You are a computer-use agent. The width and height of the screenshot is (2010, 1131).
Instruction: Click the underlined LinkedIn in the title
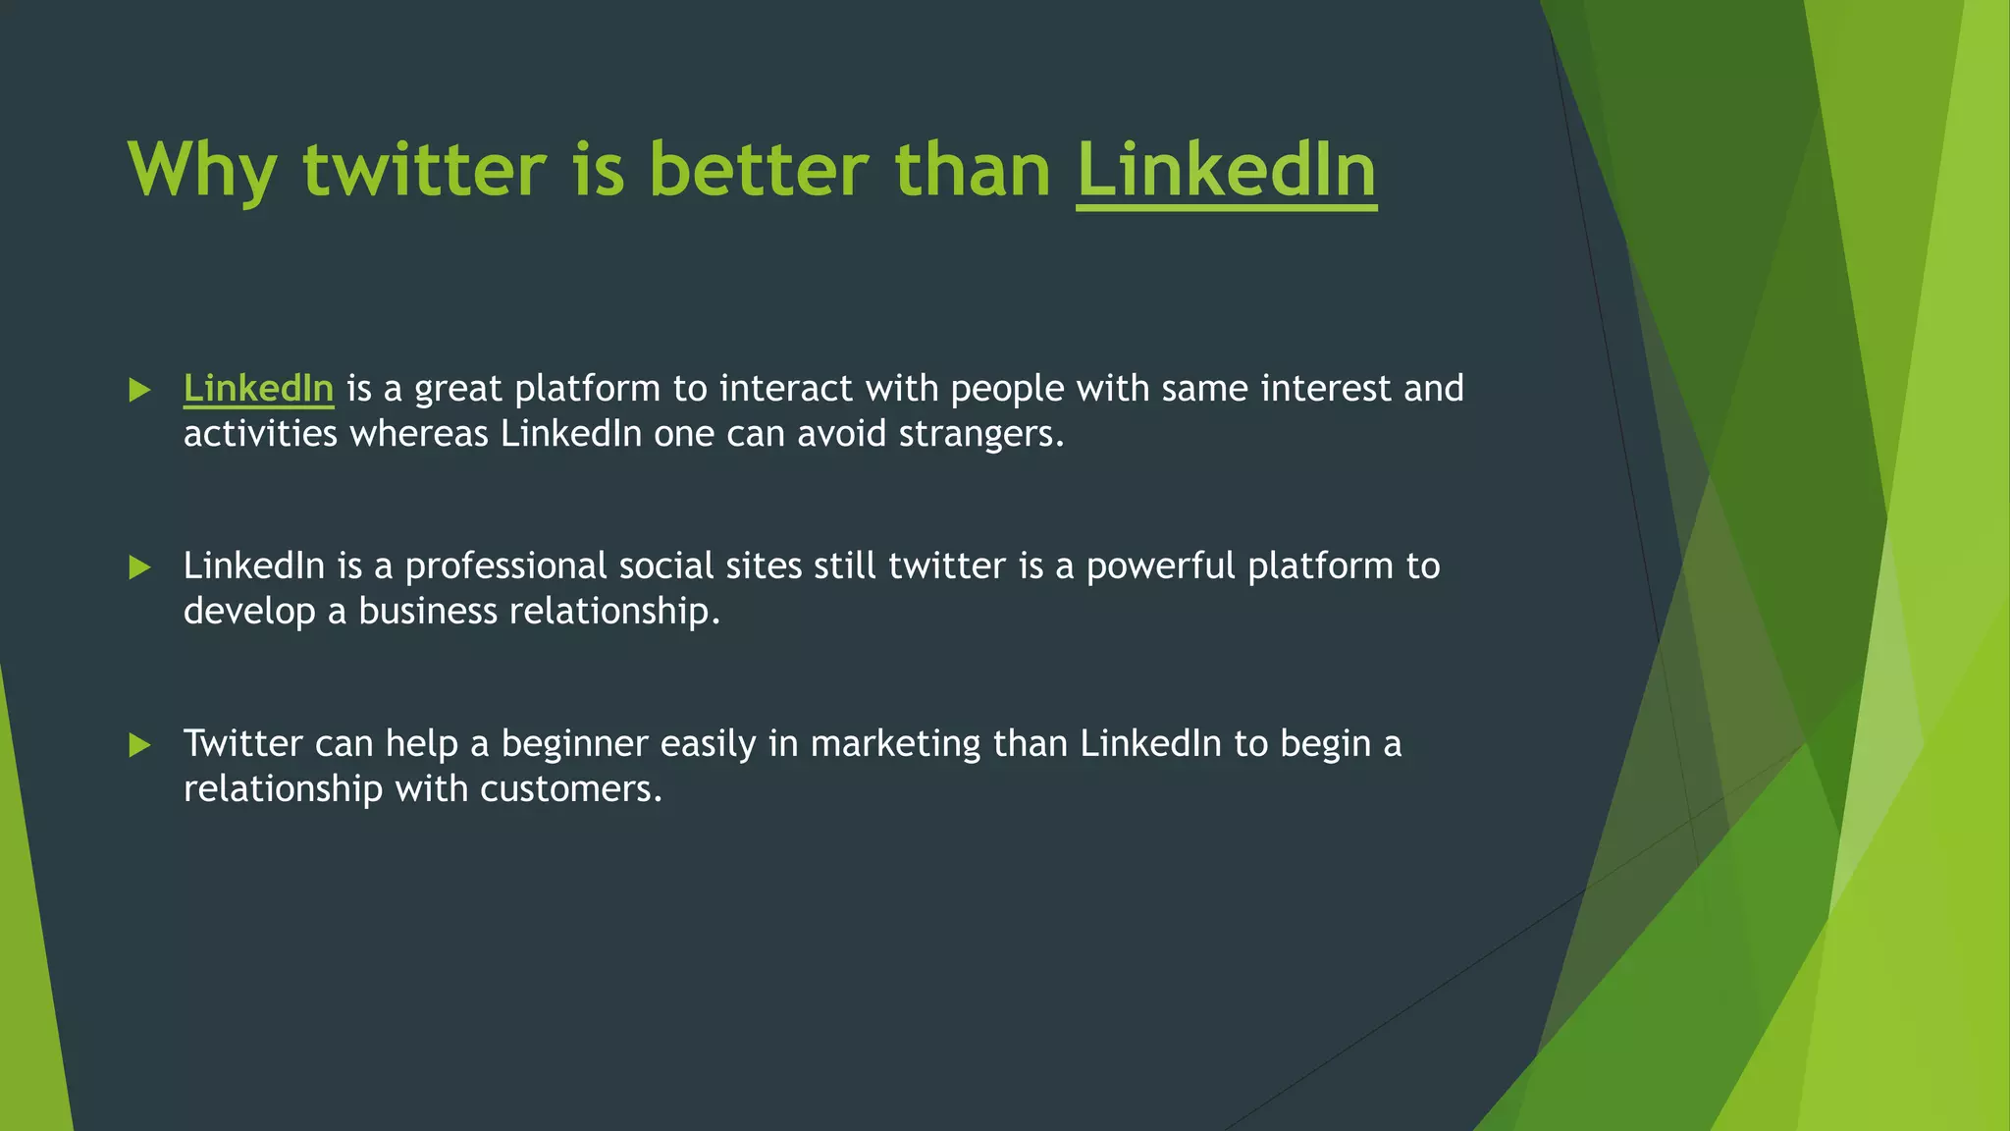pos(1226,171)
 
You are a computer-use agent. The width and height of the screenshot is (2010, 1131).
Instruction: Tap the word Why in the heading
pos(201,171)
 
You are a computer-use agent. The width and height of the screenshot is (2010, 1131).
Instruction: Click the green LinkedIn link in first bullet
pos(258,389)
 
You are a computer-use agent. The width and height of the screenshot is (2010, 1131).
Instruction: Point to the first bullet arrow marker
pos(139,391)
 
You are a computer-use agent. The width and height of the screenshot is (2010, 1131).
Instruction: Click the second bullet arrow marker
pos(139,567)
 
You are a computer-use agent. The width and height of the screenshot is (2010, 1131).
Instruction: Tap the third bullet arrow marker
pos(139,745)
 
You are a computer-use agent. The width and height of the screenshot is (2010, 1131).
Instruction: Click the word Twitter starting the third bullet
pos(242,744)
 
